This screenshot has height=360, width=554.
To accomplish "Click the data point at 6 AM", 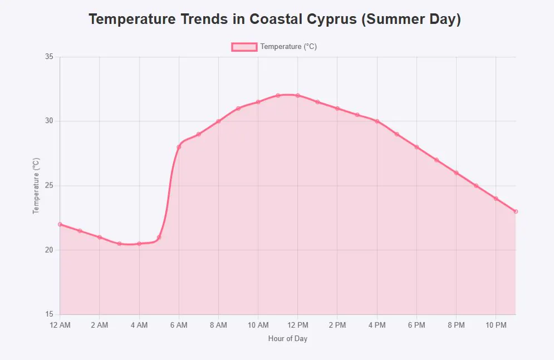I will [x=179, y=147].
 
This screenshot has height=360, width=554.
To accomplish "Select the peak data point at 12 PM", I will [x=298, y=96].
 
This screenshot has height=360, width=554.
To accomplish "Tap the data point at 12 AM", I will [x=60, y=224].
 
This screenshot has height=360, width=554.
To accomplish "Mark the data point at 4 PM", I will [x=377, y=121].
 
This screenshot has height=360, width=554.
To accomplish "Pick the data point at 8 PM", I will [x=456, y=173].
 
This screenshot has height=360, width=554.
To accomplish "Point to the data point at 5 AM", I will [x=159, y=237].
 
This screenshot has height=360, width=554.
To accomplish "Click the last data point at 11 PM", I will [x=516, y=211].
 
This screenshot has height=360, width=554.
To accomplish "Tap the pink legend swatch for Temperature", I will [x=244, y=47].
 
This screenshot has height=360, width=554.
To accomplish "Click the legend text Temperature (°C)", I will [x=288, y=47].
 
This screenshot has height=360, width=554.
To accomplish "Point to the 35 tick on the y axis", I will [x=49, y=57].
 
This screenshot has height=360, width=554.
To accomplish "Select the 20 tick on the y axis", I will [x=49, y=250].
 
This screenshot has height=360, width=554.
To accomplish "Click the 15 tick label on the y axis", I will [x=49, y=314].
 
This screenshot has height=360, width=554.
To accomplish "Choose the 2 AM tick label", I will [x=100, y=325].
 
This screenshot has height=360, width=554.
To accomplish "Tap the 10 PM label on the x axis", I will [x=496, y=325].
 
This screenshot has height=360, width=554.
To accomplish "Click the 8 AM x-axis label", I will [x=218, y=325].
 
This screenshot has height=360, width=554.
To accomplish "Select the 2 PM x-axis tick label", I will [x=337, y=325].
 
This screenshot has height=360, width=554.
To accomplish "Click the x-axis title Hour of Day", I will [x=288, y=338].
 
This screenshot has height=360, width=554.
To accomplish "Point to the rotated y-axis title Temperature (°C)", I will [x=37, y=185].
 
